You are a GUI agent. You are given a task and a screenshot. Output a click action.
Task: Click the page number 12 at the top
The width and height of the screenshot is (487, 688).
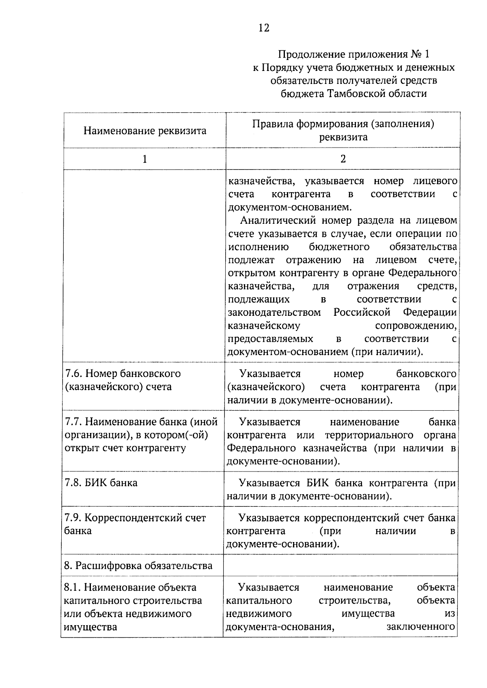point(263,28)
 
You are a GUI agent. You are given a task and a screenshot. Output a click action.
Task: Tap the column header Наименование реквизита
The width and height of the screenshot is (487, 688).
point(145,131)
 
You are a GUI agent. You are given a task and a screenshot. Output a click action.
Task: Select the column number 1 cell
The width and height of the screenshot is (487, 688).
point(144,159)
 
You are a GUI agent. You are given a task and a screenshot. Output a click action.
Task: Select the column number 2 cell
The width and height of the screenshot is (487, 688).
point(343,159)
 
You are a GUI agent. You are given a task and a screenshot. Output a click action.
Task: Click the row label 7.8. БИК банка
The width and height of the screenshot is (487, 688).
point(101,483)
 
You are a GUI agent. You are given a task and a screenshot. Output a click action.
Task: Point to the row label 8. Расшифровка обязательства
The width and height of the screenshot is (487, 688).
point(138,566)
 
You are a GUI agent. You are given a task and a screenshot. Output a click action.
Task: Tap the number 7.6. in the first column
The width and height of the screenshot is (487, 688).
point(73,373)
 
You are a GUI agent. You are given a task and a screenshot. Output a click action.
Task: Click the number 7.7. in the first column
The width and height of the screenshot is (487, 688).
point(73,422)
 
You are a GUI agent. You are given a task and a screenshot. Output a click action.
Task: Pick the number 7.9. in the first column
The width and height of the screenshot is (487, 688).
point(73,518)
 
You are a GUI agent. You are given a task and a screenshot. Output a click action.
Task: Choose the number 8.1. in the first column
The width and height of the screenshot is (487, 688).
point(73,587)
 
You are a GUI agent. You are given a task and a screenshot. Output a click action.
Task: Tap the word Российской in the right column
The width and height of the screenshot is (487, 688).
point(362,313)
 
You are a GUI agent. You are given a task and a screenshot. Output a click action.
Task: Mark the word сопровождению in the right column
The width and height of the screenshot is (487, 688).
point(416,326)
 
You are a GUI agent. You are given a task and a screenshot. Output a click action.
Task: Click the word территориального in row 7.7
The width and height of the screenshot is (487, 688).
point(369,435)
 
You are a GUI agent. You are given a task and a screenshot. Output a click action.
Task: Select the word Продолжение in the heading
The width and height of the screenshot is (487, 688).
point(304,54)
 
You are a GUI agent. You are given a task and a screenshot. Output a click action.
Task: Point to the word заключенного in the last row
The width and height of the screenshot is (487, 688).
point(420,627)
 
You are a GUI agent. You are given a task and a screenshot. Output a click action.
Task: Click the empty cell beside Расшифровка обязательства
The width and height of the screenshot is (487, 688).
point(341,566)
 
